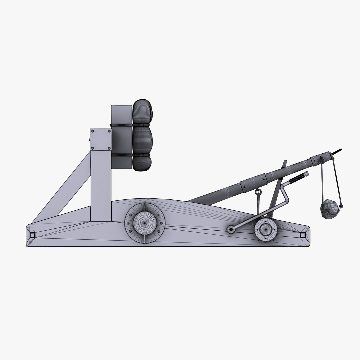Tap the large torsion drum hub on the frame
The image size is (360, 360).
click(145, 222)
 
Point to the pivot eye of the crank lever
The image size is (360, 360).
click(230, 229)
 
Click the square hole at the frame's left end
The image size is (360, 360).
click(32, 235)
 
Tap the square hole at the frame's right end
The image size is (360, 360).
click(302, 235)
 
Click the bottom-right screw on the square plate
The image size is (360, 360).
click(109, 148)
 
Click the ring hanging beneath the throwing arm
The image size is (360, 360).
click(258, 192)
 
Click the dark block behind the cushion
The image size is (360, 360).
click(121, 137)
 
